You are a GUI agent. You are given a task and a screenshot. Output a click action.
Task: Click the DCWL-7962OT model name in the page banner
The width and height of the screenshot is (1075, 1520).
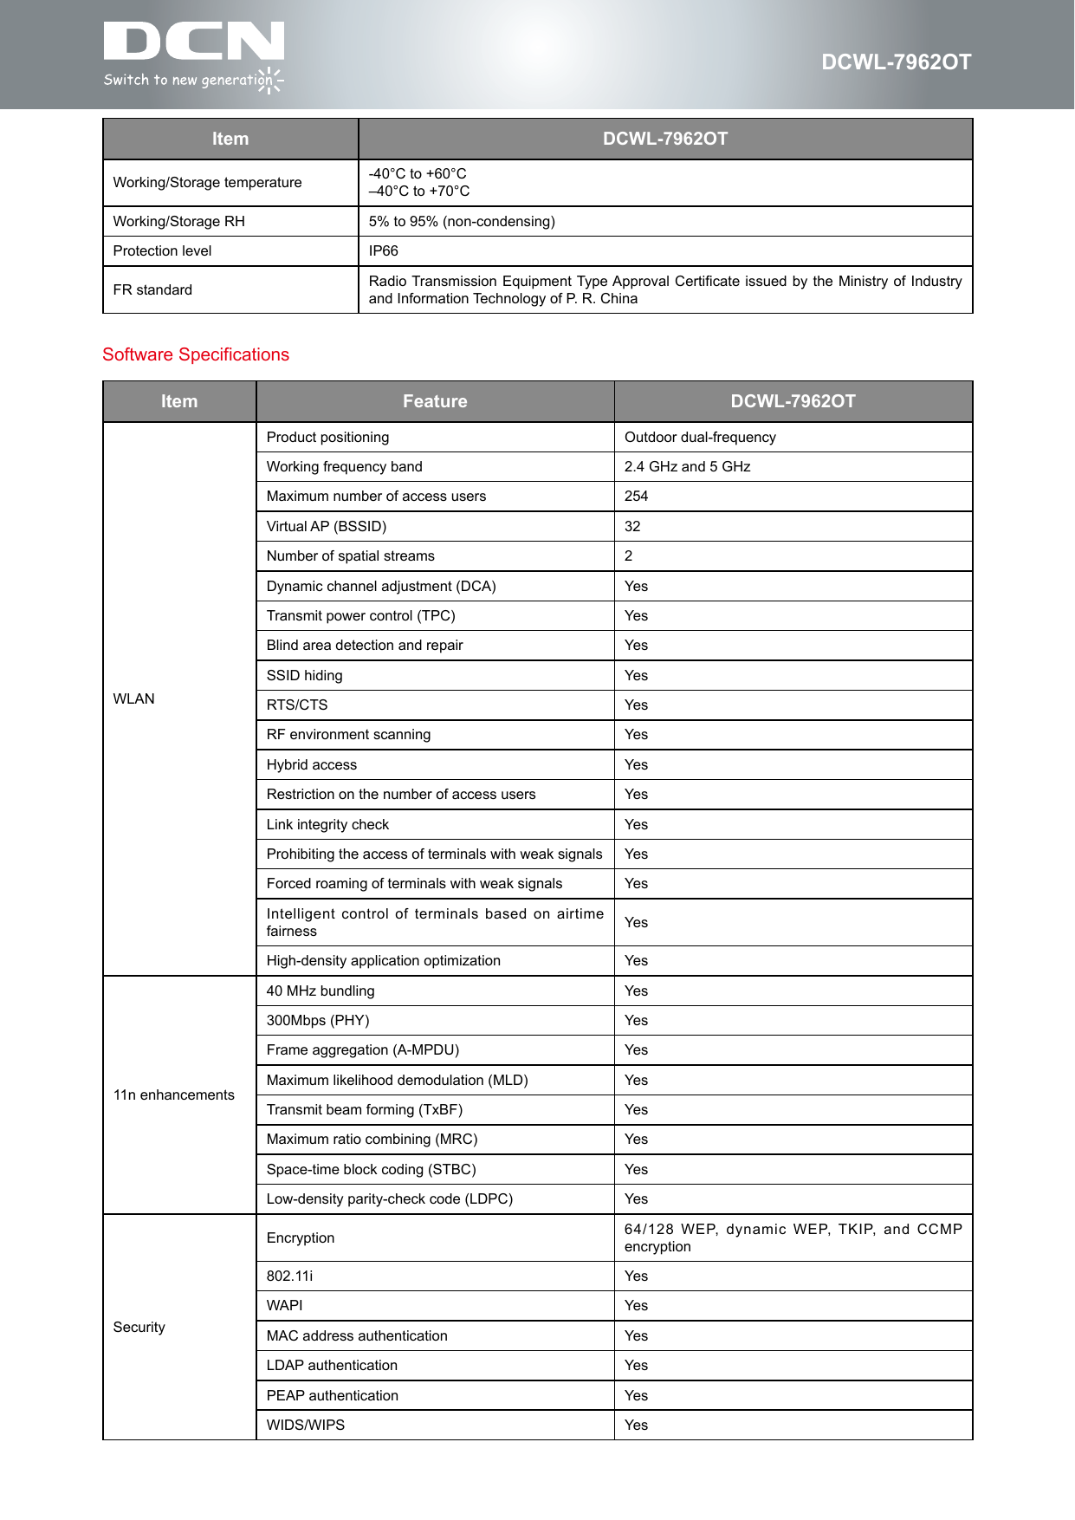coord(896,62)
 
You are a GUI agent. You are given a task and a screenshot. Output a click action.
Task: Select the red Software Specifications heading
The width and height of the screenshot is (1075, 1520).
coord(196,354)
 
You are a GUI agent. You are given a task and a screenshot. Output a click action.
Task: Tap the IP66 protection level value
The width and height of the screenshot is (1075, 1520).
coord(384,251)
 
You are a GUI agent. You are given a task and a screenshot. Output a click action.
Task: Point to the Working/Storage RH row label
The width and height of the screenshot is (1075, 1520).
coord(179,222)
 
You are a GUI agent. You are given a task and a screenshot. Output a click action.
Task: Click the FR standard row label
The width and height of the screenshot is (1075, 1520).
coord(152,290)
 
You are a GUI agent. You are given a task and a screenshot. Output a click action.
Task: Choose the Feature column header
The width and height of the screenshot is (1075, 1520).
coord(435,401)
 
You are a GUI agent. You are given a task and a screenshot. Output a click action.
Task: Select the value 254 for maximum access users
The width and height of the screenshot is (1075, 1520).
coord(636,497)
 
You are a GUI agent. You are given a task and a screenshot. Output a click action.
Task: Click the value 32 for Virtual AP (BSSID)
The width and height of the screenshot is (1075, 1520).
coord(632,527)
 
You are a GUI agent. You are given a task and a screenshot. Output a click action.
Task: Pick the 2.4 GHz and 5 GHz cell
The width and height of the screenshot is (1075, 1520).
coord(687,467)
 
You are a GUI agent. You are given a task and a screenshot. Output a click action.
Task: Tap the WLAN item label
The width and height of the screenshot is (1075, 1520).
coord(134,699)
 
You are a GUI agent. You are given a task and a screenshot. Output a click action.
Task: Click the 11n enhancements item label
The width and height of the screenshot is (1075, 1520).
coord(174,1095)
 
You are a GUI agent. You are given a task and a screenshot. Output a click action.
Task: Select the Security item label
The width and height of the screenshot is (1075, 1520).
coord(139,1328)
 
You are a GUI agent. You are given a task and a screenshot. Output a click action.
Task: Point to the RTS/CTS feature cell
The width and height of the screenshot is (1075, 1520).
coord(297,705)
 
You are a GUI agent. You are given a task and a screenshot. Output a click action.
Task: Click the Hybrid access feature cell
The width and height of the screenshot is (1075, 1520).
coord(312,765)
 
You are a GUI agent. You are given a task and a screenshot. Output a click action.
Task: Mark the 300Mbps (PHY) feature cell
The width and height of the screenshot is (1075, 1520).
coord(318,1021)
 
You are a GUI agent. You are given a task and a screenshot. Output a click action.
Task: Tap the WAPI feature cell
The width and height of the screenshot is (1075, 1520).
coord(285,1306)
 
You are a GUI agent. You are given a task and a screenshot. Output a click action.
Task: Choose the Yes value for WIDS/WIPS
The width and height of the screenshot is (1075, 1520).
coord(636,1426)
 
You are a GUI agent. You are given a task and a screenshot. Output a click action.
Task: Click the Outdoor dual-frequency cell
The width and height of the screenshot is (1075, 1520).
coord(700,438)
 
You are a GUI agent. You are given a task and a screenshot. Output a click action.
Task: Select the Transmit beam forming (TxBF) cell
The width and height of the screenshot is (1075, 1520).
coord(365,1110)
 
